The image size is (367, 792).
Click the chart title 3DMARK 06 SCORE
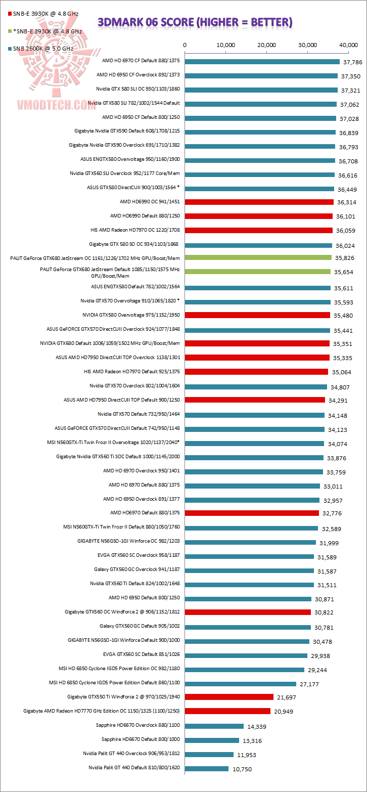[195, 22]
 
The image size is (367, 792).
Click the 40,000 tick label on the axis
[349, 45]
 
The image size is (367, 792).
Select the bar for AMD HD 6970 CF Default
[262, 62]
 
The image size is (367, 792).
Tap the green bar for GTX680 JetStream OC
[258, 257]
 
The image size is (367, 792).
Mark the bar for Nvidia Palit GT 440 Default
[207, 769]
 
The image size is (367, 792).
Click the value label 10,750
[241, 769]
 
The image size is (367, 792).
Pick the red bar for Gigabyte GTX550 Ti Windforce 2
[230, 697]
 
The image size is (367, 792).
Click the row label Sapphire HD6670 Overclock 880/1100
[138, 725]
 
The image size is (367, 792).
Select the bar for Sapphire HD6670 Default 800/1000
[212, 740]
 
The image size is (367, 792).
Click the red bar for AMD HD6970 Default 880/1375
[252, 512]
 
